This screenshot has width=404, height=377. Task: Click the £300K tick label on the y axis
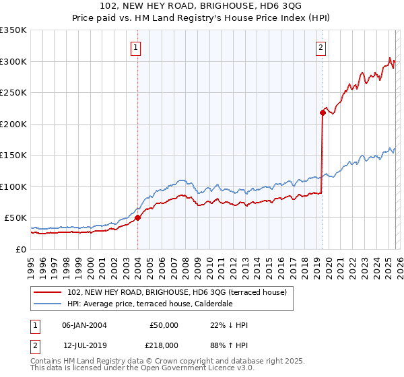click(13, 61)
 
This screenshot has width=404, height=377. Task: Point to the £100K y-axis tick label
click(13, 186)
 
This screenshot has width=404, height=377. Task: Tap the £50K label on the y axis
click(15, 218)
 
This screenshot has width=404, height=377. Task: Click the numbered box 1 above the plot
click(136, 47)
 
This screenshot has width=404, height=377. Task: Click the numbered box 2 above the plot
click(321, 47)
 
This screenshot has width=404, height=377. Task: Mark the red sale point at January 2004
click(137, 217)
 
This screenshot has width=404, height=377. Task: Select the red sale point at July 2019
click(323, 112)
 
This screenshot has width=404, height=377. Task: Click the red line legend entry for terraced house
click(177, 292)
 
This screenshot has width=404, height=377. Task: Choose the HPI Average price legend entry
click(149, 304)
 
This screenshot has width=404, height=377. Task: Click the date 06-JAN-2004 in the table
click(84, 325)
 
